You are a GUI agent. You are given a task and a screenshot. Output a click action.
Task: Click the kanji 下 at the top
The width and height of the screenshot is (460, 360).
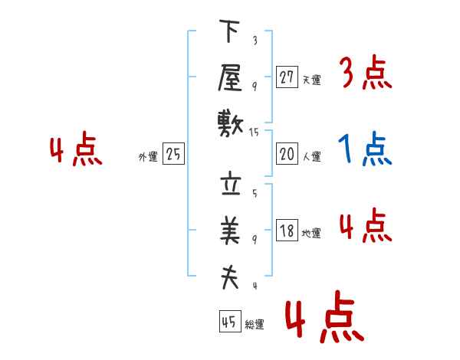(229, 31)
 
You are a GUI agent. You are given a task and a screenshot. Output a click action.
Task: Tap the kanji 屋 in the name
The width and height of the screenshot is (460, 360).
(230, 77)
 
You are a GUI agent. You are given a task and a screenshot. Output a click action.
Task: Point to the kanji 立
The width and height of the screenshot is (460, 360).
(231, 185)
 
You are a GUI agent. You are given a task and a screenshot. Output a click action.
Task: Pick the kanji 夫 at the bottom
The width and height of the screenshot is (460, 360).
(230, 277)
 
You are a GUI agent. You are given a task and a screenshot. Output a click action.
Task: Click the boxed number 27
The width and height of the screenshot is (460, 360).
(287, 77)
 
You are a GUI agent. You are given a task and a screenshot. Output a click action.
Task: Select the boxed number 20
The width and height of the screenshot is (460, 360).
(287, 153)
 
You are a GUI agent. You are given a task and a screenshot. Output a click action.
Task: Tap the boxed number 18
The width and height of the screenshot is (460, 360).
(287, 230)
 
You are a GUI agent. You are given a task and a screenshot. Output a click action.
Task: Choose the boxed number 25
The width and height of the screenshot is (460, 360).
(173, 153)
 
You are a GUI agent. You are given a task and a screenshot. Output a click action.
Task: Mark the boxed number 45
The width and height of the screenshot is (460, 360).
(230, 321)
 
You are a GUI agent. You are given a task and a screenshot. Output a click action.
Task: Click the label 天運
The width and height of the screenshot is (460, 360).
(312, 80)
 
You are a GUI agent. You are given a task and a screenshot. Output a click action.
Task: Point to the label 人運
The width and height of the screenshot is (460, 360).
(312, 156)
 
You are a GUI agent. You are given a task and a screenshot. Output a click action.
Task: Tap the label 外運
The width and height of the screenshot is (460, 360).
(148, 156)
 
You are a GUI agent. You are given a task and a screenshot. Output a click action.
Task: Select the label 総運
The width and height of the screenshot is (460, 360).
(255, 324)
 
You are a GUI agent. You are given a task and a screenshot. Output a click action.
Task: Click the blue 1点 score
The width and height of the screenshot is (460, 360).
(365, 149)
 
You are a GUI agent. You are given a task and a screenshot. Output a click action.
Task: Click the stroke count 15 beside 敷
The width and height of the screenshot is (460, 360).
(254, 133)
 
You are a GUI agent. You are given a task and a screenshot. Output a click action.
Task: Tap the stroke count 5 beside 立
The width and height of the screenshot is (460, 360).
(255, 193)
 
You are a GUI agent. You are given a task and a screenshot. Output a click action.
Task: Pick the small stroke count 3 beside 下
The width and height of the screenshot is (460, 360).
(255, 40)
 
